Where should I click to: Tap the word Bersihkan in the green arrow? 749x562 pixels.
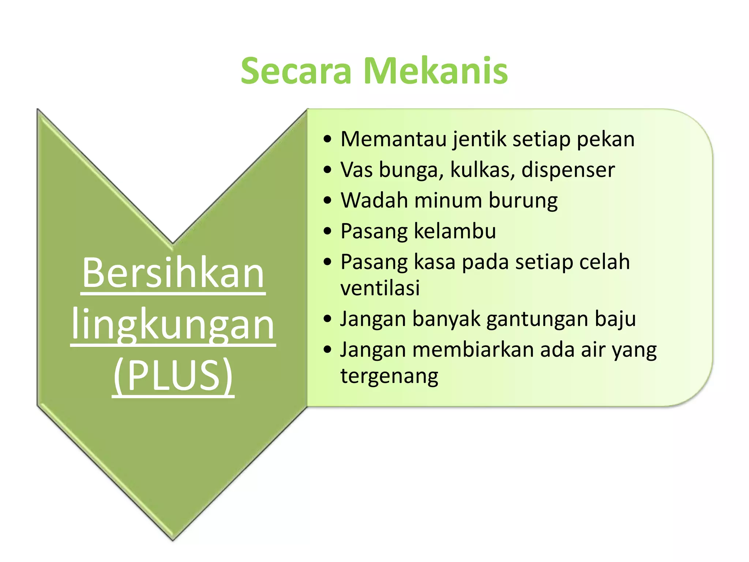[x=173, y=273]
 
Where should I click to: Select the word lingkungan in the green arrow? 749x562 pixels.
[x=173, y=324]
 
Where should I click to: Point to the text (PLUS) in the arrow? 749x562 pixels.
[x=173, y=375]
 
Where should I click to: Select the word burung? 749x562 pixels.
[x=523, y=201]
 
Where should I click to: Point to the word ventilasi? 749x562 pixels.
[x=380, y=288]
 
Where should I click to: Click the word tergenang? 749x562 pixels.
[x=389, y=376]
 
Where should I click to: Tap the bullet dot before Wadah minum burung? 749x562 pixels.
[x=327, y=201]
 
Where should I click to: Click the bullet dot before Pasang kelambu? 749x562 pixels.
[x=327, y=231]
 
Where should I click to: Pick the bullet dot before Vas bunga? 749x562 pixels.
[x=327, y=170]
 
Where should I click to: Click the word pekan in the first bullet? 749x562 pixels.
[x=605, y=140]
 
